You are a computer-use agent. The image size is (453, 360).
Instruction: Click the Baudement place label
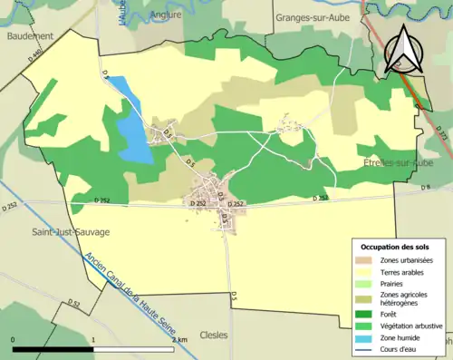click(x=29, y=36)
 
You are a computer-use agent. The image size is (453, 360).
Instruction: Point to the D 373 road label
click(x=441, y=134)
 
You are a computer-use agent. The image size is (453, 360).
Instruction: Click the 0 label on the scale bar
click(x=14, y=340)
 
